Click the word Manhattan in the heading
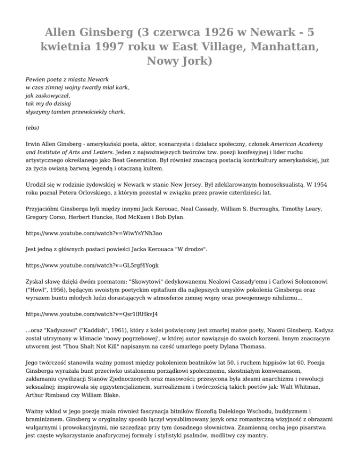pyautogui.click(x=288, y=46)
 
